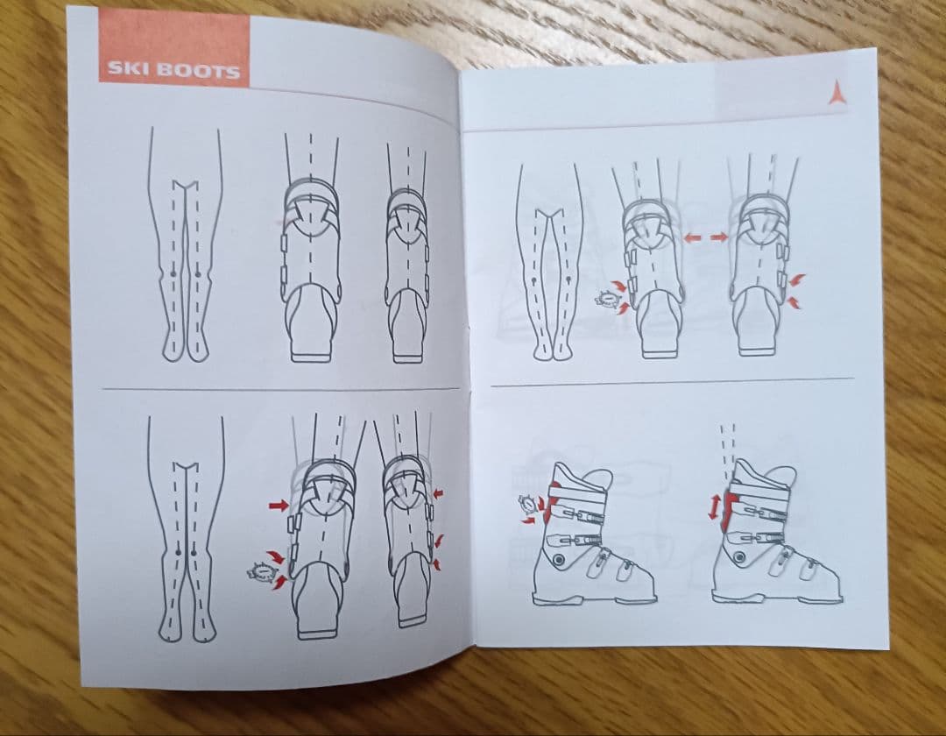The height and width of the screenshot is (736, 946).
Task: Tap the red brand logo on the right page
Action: pyautogui.click(x=837, y=94)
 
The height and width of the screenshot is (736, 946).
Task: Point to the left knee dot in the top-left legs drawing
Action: pyautogui.click(x=173, y=273)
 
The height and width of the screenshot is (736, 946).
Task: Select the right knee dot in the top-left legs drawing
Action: pyautogui.click(x=197, y=274)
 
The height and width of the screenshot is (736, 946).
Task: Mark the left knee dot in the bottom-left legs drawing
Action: pyautogui.click(x=177, y=551)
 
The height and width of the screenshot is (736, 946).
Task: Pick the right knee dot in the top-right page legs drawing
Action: pyautogui.click(x=569, y=279)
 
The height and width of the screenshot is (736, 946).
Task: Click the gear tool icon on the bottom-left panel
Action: pyautogui.click(x=260, y=570)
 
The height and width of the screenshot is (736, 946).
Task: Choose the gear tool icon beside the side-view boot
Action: pyautogui.click(x=529, y=502)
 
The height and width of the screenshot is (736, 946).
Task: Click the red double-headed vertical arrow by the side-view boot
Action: pyautogui.click(x=714, y=507)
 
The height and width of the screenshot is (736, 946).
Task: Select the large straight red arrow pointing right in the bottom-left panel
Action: pyautogui.click(x=279, y=506)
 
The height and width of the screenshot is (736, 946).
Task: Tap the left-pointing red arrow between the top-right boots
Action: pyautogui.click(x=691, y=238)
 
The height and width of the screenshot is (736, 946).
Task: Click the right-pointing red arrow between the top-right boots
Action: pyautogui.click(x=719, y=237)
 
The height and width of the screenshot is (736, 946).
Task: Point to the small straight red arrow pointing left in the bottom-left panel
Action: pyautogui.click(x=437, y=493)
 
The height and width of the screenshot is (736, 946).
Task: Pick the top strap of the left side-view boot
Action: pyautogui.click(x=577, y=494)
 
